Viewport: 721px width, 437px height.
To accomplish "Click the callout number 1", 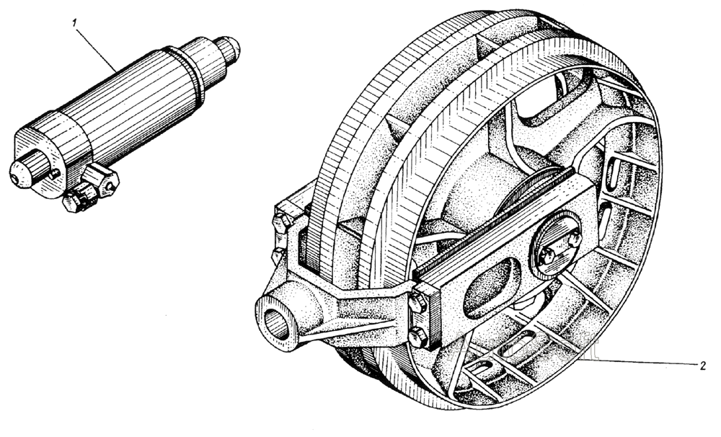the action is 73,22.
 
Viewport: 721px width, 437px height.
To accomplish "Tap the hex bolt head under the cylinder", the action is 74,201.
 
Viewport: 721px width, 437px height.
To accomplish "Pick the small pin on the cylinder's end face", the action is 54,174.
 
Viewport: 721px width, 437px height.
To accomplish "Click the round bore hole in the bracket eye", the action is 277,323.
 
